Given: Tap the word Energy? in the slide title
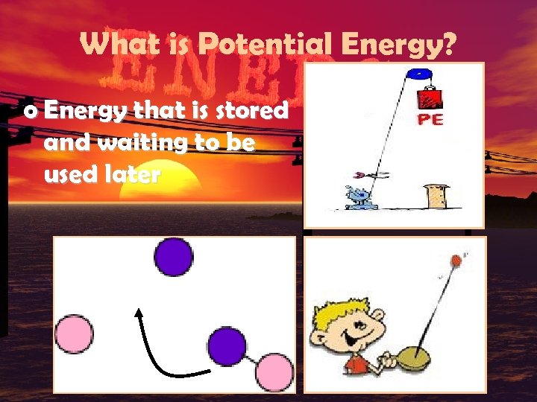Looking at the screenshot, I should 398,46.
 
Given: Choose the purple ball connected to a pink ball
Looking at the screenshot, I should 226,346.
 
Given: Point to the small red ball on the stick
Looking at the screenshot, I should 454,261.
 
